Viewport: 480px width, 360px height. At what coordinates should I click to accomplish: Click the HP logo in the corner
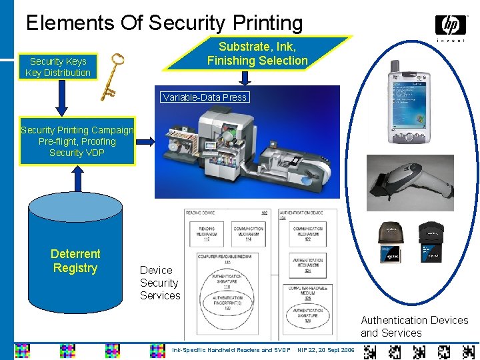coord(451,26)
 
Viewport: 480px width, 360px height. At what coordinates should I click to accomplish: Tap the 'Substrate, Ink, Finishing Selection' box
coord(257,54)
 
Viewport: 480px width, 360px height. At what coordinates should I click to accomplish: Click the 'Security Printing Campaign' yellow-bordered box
coord(77,141)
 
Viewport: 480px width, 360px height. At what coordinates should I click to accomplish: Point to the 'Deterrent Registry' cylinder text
coord(75,261)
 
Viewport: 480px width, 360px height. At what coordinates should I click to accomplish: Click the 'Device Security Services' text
coord(160,283)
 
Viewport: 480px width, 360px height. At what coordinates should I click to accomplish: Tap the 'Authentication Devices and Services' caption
coord(414,326)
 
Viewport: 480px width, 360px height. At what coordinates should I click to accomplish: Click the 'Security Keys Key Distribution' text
coord(58,67)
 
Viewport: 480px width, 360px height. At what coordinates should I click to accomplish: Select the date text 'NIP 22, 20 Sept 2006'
coord(326,350)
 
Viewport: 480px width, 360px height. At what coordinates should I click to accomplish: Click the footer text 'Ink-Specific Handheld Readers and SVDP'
coord(231,350)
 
